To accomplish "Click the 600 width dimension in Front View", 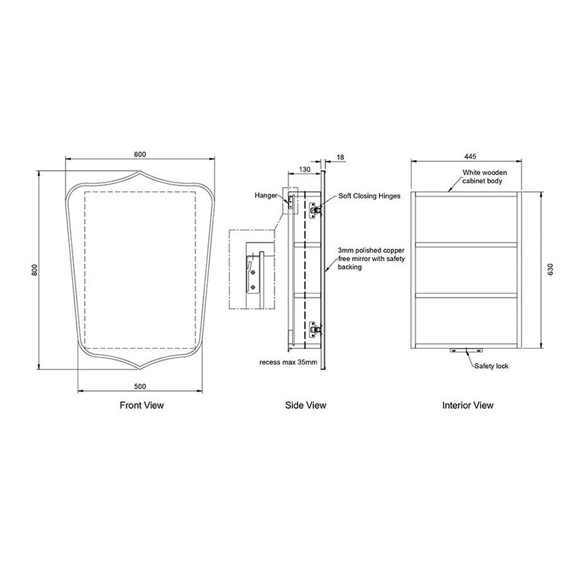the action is click(140, 154).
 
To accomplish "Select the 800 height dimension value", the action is click(35, 270).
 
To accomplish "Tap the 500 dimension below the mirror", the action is click(140, 386).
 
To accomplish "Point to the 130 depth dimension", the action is click(305, 169).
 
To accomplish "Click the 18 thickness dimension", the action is click(340, 157).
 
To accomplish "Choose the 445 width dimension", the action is click(470, 157).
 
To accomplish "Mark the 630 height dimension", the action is click(550, 269).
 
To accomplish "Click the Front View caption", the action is click(141, 405).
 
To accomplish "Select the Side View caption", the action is click(305, 405).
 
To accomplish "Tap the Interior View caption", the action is click(468, 405).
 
